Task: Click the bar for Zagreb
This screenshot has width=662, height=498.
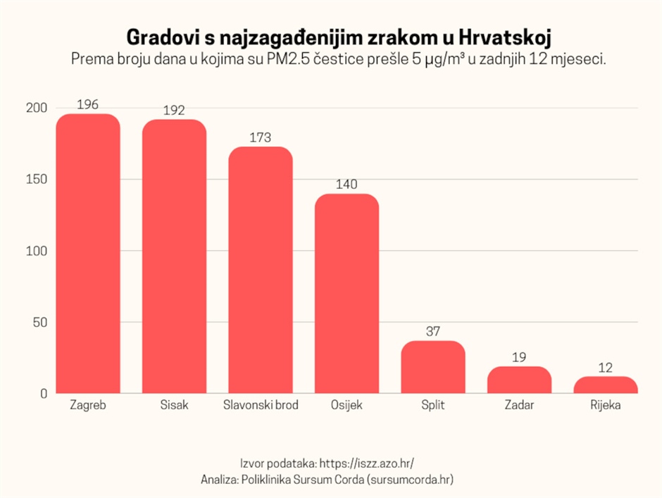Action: tap(88, 254)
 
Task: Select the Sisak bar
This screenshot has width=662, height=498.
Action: tap(174, 256)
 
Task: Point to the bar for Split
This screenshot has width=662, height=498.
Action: tap(433, 367)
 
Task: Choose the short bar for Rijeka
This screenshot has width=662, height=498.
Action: tap(606, 385)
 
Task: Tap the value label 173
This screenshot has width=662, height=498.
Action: tap(261, 137)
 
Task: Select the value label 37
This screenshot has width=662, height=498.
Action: tap(433, 331)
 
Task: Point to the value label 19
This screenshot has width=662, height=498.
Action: tap(519, 357)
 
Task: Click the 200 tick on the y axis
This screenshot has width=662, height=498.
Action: tap(36, 108)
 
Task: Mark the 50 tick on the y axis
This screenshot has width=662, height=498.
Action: tap(39, 323)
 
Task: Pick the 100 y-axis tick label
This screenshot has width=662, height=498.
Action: tap(36, 251)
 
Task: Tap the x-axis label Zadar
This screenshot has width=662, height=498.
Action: tap(519, 406)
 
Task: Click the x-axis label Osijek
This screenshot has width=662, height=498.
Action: tap(346, 406)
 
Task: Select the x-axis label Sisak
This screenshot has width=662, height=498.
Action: tap(174, 406)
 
